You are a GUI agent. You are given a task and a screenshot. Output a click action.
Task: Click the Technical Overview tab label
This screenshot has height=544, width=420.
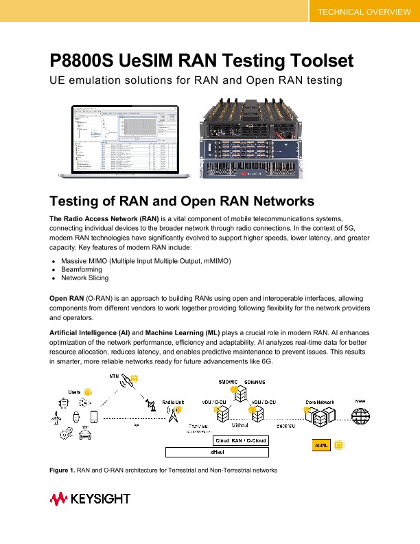[364, 12]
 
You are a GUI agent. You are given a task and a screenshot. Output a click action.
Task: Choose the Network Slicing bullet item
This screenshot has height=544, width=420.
[84, 278]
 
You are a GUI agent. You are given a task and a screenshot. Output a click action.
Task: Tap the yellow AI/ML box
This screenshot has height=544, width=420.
[322, 445]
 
